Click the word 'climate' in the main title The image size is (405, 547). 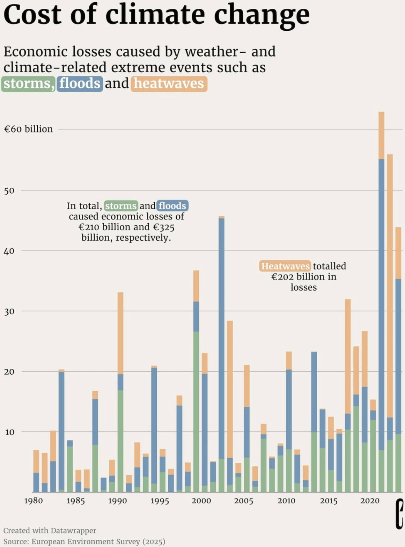pyautogui.click(x=156, y=15)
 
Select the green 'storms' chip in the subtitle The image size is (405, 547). pyautogui.click(x=28, y=84)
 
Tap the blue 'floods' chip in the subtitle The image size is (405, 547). pyautogui.click(x=80, y=84)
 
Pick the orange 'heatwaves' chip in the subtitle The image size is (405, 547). pyautogui.click(x=169, y=84)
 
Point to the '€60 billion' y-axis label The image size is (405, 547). pyautogui.click(x=28, y=129)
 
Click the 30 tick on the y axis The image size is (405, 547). pyautogui.click(x=9, y=311)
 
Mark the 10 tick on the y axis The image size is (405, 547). pyautogui.click(x=9, y=432)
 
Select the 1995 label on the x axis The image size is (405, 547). pyautogui.click(x=160, y=501)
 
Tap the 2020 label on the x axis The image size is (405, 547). pyautogui.click(x=369, y=501)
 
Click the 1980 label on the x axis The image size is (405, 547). pyautogui.click(x=33, y=501)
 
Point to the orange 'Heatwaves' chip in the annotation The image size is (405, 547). pyautogui.click(x=285, y=266)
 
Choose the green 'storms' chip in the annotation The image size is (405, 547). pyautogui.click(x=121, y=206)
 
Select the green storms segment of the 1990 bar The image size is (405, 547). pyautogui.click(x=120, y=440)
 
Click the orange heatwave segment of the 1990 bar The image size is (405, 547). pyautogui.click(x=120, y=333)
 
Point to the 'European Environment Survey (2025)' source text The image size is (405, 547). pyautogui.click(x=98, y=541)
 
